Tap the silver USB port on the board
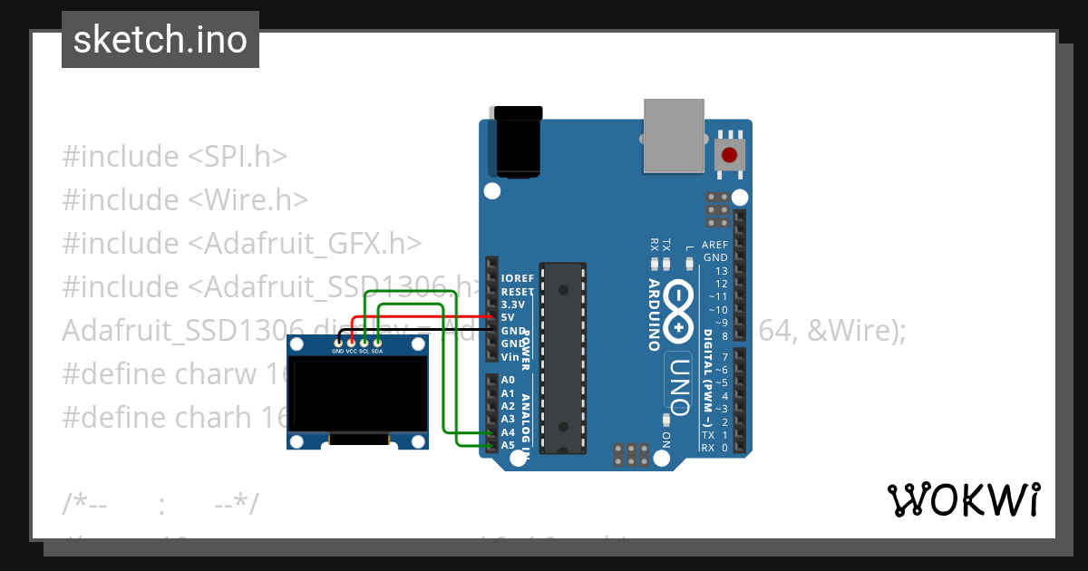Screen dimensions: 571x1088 678,135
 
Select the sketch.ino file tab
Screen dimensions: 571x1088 160,40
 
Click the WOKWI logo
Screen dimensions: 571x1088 963,500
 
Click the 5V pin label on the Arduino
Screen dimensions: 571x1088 509,318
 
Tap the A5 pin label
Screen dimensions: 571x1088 508,445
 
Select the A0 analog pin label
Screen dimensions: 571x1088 508,381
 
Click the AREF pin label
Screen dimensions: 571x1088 715,245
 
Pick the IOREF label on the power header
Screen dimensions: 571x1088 517,279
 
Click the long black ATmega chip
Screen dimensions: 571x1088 563,359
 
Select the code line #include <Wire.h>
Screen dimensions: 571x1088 185,199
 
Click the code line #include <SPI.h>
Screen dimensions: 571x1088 174,156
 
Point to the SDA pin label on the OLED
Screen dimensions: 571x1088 377,351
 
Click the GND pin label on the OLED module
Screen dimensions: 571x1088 337,351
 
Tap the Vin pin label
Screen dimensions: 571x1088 510,356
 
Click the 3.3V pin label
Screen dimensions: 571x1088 512,305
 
